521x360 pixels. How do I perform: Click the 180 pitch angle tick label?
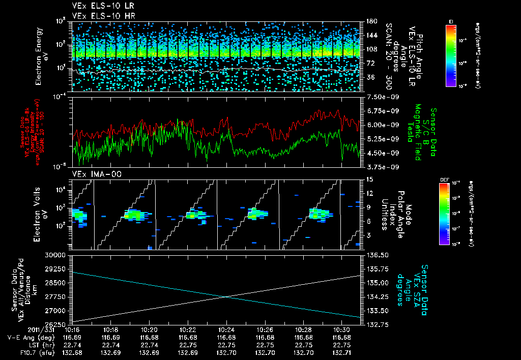coord(370,21)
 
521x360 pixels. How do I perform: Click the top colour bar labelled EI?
coord(451,55)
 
